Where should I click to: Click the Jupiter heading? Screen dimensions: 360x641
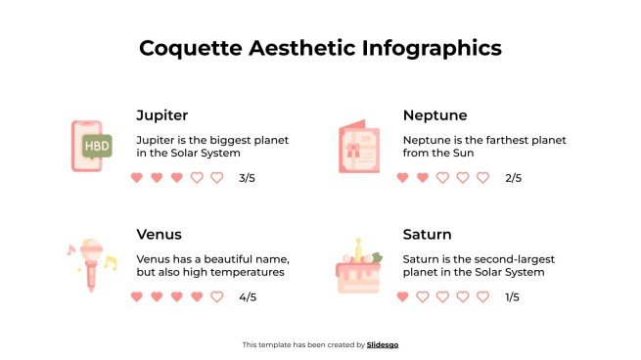point(162,115)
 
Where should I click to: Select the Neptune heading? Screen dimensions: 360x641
point(435,115)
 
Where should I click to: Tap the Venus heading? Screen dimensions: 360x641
point(159,235)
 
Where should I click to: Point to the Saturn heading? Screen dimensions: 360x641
point(427,235)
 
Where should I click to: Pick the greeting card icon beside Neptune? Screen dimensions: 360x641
point(358,148)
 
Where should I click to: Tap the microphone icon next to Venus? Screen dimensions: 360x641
point(90,263)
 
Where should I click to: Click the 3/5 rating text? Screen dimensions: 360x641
point(246,178)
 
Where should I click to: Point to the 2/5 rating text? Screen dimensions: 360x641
point(513,178)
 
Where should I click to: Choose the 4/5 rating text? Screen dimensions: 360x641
point(247,296)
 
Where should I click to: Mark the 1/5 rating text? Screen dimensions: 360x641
point(512,296)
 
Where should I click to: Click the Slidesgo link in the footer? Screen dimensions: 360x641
point(383,344)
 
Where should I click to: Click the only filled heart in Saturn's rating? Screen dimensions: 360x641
point(402,296)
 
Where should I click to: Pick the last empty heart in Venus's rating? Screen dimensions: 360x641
point(216,296)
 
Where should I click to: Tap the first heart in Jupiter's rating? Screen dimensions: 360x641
point(136,178)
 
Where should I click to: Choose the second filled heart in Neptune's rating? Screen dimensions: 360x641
point(423,178)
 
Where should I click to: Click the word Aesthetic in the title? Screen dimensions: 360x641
point(303,48)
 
